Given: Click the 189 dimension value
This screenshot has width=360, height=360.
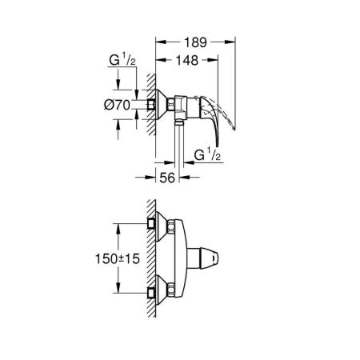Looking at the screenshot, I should [190, 41].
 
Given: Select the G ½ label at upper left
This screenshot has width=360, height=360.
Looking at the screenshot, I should [118, 60].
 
